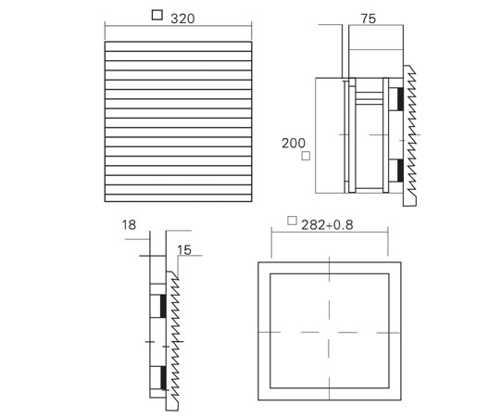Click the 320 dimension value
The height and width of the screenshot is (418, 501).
182,19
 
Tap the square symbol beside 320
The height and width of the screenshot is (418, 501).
157,15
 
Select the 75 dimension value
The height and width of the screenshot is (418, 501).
369,19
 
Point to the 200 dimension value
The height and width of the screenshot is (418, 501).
294,143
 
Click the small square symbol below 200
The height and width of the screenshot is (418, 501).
306,156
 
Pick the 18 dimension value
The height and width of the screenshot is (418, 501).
129,225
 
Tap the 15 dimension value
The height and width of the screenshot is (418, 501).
184,250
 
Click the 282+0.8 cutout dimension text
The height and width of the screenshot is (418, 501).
327,225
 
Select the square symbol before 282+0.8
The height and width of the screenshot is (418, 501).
292,221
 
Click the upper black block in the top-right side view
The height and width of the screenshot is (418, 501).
400,99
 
